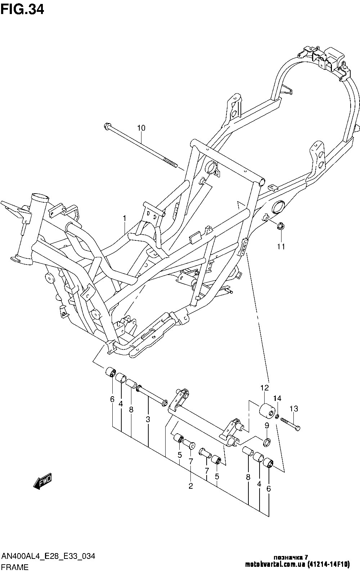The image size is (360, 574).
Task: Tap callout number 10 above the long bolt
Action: click(141, 128)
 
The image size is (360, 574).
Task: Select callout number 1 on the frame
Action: click(124, 218)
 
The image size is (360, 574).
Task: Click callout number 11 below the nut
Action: click(281, 247)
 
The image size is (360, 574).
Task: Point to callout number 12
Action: click(265, 388)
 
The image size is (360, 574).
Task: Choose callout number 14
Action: click(277, 398)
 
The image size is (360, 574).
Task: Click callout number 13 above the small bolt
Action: click(294, 408)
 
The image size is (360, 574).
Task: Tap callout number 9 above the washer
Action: click(267, 426)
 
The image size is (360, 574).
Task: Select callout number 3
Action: click(148, 419)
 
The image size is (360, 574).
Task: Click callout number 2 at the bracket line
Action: click(191, 487)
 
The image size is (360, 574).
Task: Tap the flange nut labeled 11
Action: click(280, 226)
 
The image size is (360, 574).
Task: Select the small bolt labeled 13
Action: click(289, 424)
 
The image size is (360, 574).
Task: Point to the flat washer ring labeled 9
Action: click(267, 442)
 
